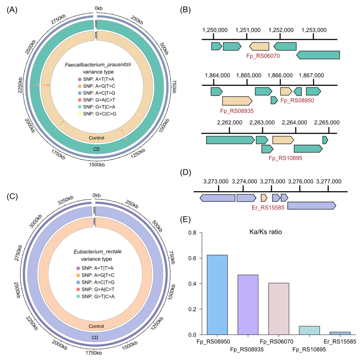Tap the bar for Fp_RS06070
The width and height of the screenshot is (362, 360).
tap(279, 309)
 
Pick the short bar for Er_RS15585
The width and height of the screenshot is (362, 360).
tap(340, 333)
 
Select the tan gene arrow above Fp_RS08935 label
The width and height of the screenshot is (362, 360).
tap(237, 100)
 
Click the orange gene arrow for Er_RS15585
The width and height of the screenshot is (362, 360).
tap(264, 198)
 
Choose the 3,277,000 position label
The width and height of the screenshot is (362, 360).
tap(328, 182)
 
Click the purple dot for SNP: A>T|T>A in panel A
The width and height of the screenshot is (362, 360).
tap(79, 80)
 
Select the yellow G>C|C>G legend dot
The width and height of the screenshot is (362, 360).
tap(79, 114)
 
